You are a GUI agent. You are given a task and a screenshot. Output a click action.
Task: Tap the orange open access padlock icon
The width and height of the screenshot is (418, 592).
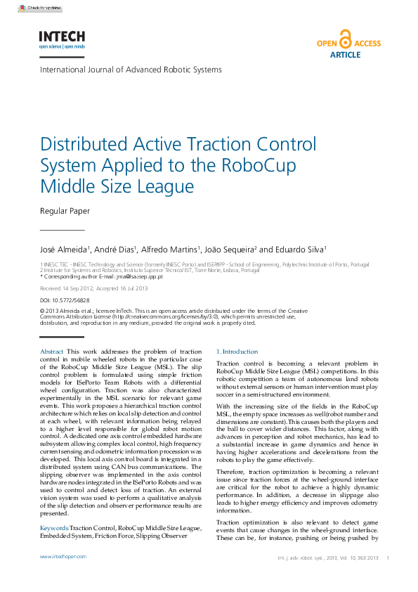[x=344, y=38]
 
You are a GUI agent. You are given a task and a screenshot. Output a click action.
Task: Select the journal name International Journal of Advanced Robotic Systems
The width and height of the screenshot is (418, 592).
[x=131, y=70]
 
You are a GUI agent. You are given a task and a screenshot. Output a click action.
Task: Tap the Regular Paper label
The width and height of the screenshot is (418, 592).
[x=65, y=210]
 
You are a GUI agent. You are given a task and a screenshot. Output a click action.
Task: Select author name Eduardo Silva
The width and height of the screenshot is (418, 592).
[x=301, y=250]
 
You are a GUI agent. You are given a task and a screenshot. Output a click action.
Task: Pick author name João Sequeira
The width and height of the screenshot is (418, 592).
[x=232, y=250]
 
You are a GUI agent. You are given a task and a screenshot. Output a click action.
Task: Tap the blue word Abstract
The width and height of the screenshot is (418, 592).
[x=52, y=352]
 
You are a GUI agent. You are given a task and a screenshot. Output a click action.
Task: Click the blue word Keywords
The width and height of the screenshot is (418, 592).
[x=54, y=527]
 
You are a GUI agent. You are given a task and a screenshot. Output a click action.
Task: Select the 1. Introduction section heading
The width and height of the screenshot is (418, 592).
[x=237, y=352]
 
